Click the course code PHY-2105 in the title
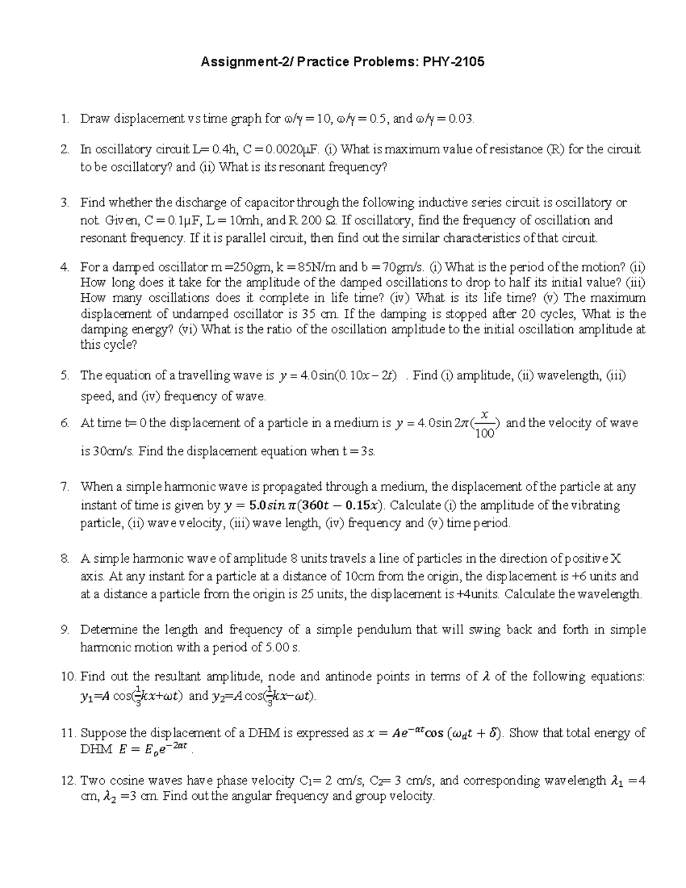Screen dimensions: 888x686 pyautogui.click(x=453, y=62)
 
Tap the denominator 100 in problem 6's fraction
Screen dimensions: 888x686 pyautogui.click(x=485, y=434)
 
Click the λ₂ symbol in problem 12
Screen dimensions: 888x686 pyautogui.click(x=107, y=797)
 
